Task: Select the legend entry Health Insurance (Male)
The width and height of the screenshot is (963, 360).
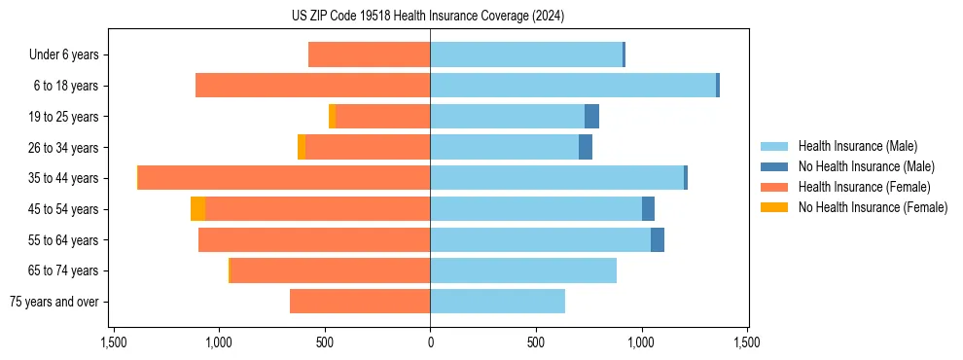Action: click(857, 146)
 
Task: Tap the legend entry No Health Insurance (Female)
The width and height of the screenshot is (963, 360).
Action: click(873, 207)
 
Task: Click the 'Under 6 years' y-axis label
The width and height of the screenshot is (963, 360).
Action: click(69, 55)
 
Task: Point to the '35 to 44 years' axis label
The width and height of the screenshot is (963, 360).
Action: click(65, 178)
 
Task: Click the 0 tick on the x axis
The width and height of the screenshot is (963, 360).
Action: click(430, 343)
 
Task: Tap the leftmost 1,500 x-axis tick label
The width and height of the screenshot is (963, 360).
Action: click(114, 343)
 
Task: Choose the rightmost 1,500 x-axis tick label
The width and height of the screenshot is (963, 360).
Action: click(746, 343)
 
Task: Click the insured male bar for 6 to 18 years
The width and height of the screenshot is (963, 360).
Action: click(573, 86)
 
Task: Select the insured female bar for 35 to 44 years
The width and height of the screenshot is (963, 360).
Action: click(284, 178)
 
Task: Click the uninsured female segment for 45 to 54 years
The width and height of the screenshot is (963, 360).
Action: click(197, 209)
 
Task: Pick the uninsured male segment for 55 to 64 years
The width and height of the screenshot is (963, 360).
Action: click(658, 240)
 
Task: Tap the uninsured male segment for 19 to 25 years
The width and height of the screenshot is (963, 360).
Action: click(591, 117)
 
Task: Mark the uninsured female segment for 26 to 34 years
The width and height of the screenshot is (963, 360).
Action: click(302, 147)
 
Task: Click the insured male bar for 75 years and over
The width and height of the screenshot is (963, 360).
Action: click(497, 302)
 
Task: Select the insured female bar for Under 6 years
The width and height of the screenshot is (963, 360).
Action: click(370, 55)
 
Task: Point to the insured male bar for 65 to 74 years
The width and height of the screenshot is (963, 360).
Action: click(523, 270)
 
